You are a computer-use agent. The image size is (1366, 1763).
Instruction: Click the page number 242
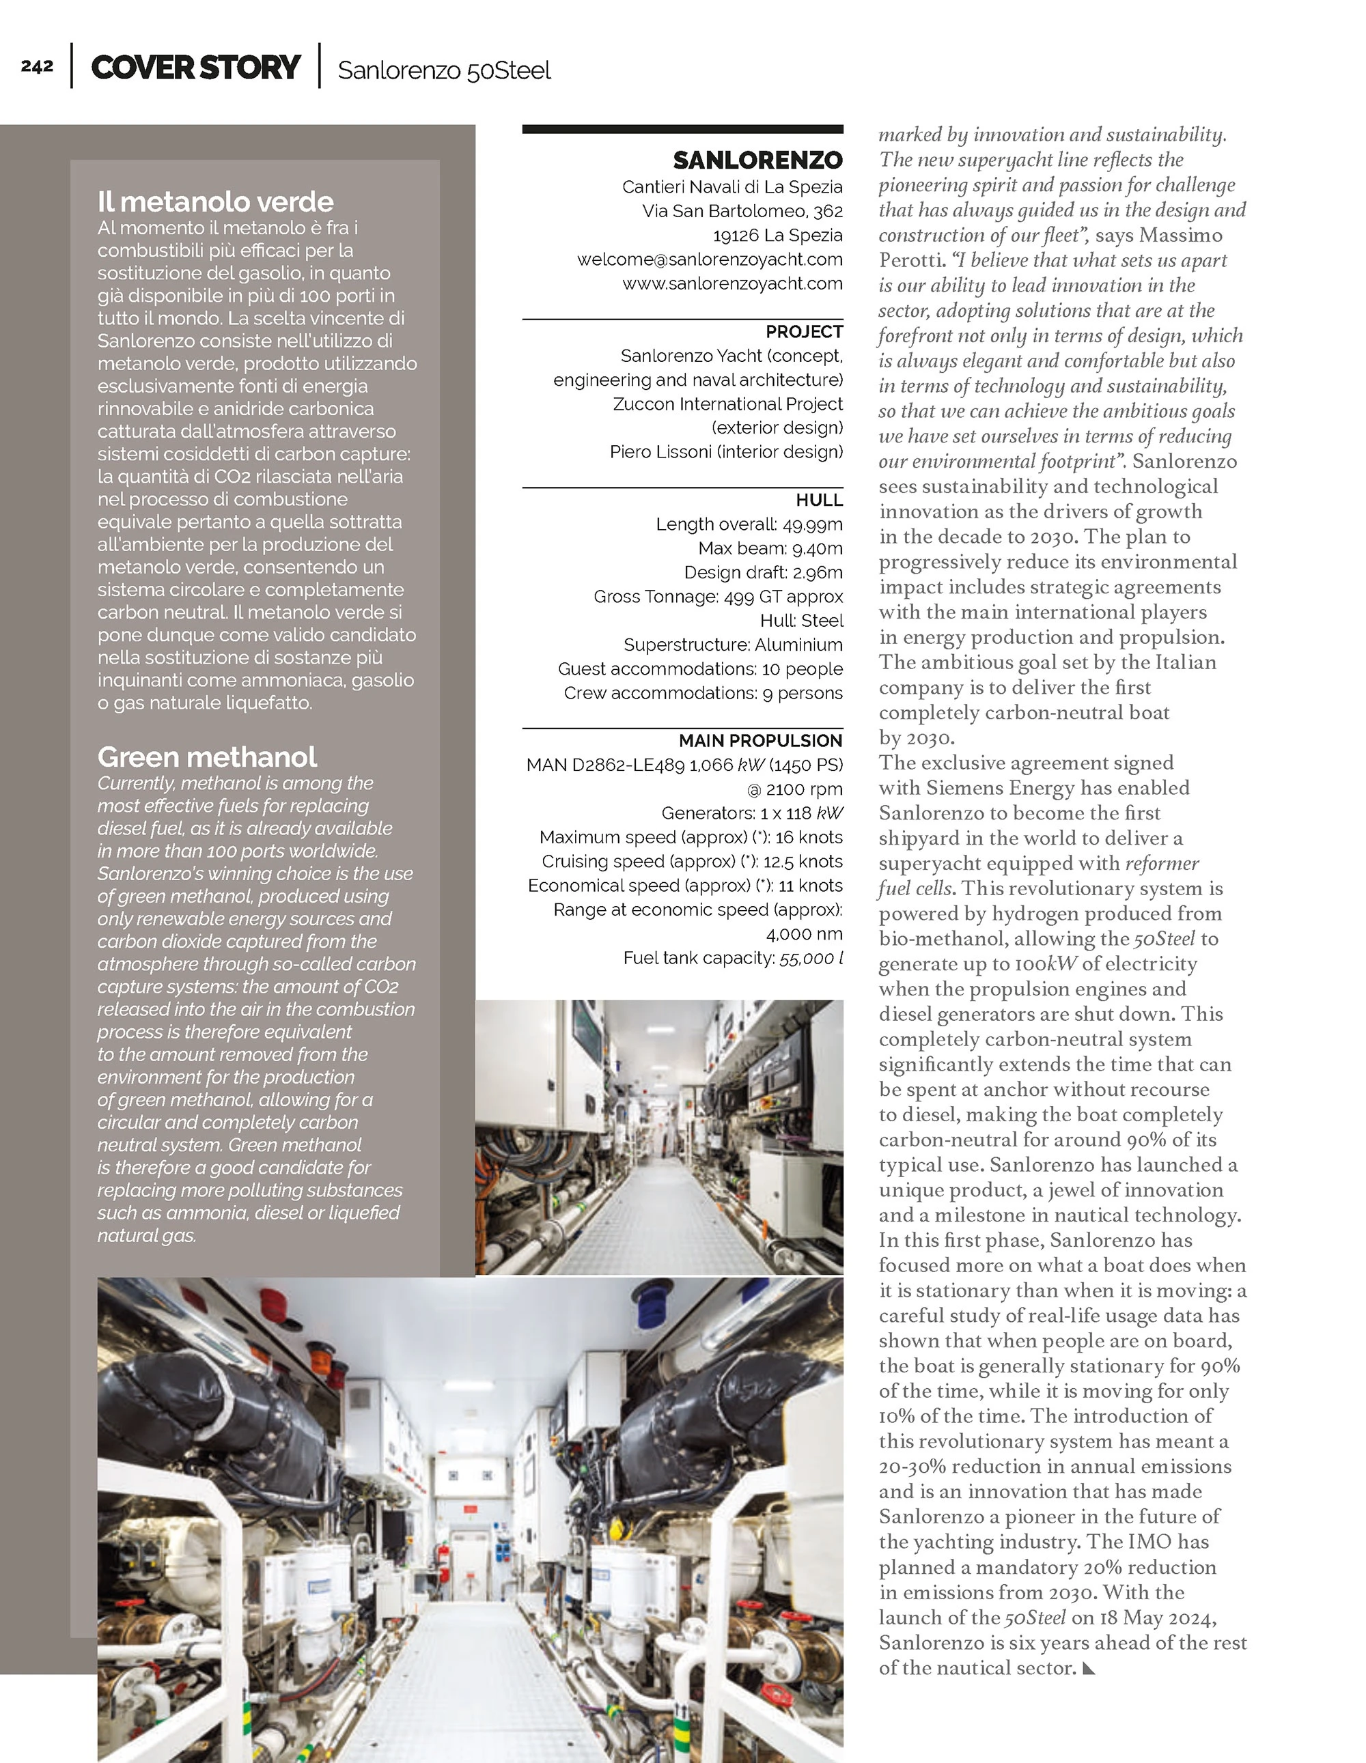coord(37,66)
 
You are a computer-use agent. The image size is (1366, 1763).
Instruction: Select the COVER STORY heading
coord(195,67)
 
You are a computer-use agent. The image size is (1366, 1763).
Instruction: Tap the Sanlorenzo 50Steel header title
coord(444,70)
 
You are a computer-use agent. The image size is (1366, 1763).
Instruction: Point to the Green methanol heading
coord(207,757)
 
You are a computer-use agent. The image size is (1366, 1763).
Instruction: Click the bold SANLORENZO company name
coord(757,160)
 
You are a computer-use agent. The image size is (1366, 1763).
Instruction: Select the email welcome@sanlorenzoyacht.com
coord(710,259)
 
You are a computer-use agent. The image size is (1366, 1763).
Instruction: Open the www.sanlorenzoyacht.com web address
coord(732,283)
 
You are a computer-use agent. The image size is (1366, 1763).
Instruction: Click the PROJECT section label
coord(804,332)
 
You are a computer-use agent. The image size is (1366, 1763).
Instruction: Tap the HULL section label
coord(819,500)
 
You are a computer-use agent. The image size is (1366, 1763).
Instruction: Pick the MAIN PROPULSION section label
coord(759,740)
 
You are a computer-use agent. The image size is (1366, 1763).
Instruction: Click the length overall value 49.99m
coord(812,524)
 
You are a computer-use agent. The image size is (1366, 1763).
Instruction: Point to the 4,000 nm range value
coord(803,934)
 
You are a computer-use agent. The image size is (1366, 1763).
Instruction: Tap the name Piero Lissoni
coord(660,452)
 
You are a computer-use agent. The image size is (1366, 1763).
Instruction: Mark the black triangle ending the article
coord(1088,1667)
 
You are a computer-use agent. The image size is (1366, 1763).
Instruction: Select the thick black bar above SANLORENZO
coord(682,129)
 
